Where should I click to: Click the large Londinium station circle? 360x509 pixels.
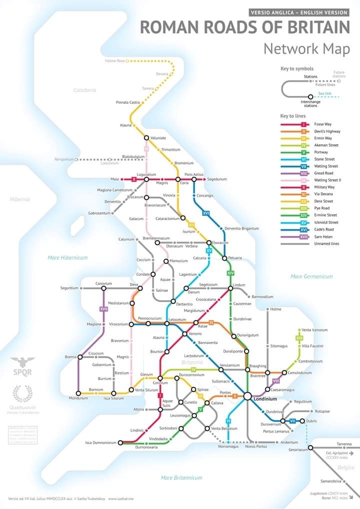[x=247, y=396]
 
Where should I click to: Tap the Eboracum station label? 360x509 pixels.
[x=220, y=242]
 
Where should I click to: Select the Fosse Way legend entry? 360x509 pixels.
[x=322, y=124]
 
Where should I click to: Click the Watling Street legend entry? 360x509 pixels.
[x=326, y=166]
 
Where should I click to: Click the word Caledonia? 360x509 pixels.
[x=84, y=90]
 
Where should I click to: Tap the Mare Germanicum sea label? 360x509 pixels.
[x=311, y=276]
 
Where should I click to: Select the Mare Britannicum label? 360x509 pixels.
[x=181, y=478]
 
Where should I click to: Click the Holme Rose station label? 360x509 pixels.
[x=114, y=61]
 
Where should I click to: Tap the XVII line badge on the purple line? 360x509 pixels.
[x=103, y=309]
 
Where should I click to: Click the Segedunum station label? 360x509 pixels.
[x=217, y=179]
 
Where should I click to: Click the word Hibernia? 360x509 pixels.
[x=20, y=199]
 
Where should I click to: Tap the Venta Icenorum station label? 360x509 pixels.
[x=315, y=330]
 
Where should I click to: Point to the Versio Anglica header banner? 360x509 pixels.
[x=299, y=12]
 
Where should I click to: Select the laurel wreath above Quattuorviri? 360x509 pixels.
[x=22, y=393]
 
